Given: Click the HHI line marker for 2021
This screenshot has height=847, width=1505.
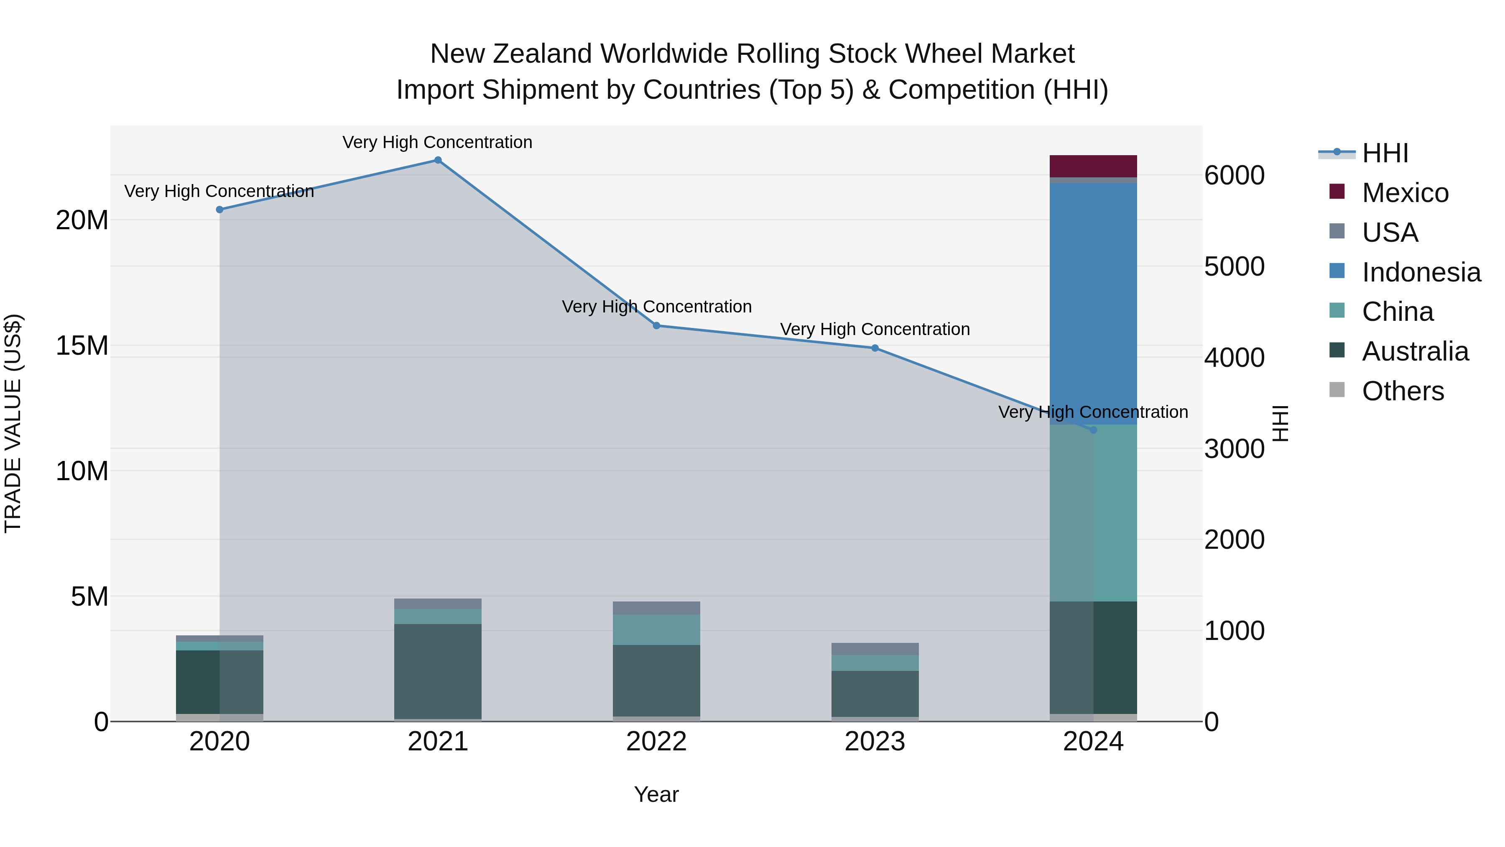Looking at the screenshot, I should tap(438, 160).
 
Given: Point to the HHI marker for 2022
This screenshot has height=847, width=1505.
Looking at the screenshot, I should tap(656, 325).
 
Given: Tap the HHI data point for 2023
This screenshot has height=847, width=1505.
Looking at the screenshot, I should tap(875, 348).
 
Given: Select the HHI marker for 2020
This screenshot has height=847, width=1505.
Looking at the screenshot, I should tap(219, 210).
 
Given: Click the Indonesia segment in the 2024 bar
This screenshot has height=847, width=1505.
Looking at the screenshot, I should tap(1093, 304).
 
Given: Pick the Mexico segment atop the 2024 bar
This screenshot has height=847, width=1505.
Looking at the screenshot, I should tap(1093, 166).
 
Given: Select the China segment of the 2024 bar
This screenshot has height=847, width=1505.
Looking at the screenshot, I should tap(1093, 513).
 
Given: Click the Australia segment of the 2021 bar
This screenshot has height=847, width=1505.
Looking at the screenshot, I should tap(438, 671).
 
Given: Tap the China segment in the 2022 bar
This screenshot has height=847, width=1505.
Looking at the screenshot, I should tap(656, 629).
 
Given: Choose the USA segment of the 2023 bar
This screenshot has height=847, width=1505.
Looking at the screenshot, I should tap(875, 649).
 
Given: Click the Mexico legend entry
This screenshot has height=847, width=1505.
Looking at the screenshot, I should tap(1405, 193).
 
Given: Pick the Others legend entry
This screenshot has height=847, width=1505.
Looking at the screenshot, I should tap(1402, 391).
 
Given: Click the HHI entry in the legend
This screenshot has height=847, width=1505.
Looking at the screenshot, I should tap(1385, 153).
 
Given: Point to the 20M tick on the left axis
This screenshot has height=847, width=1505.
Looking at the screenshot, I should tap(82, 220).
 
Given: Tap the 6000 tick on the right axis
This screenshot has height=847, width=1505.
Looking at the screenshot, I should tap(1235, 175).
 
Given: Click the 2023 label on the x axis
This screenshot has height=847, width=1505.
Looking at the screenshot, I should tap(875, 742).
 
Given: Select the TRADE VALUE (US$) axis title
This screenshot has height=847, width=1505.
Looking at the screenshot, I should tap(13, 423).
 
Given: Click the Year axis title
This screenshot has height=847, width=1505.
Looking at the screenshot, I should tap(656, 794).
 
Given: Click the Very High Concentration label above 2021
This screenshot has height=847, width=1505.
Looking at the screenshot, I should tap(438, 142).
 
